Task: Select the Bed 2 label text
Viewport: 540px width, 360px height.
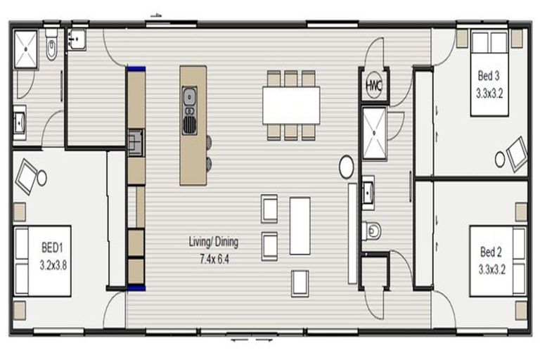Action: click(491, 251)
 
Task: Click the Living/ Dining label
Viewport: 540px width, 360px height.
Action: click(213, 242)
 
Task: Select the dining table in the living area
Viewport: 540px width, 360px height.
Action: click(290, 105)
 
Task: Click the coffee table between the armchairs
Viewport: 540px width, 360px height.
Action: click(300, 226)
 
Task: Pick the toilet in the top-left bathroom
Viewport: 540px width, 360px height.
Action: click(51, 46)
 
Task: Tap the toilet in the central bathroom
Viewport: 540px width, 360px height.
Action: click(372, 230)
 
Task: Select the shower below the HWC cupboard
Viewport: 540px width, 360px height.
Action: click(373, 134)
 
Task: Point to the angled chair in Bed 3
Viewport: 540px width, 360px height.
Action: click(517, 153)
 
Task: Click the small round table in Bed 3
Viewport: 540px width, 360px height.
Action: click(500, 160)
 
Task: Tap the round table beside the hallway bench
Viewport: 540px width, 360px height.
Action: click(347, 167)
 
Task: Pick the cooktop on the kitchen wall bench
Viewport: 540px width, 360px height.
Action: click(135, 141)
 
